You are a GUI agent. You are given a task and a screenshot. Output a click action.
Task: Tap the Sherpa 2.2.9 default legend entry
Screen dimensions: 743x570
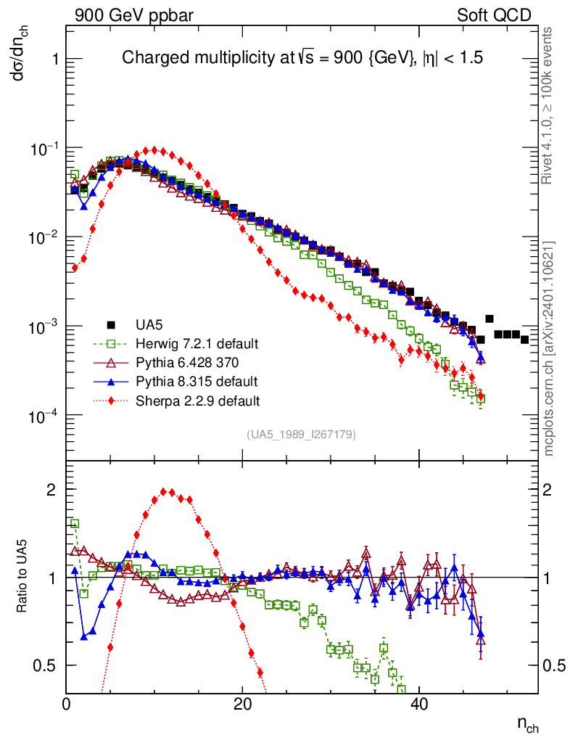point(198,400)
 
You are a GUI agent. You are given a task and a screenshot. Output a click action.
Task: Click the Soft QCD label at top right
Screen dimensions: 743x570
point(494,15)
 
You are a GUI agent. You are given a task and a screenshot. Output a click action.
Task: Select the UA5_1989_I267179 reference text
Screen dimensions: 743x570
point(301,435)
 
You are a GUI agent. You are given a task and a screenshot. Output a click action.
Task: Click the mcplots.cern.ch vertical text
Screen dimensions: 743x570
point(549,348)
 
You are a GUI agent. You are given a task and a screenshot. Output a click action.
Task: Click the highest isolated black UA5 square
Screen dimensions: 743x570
point(490,319)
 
